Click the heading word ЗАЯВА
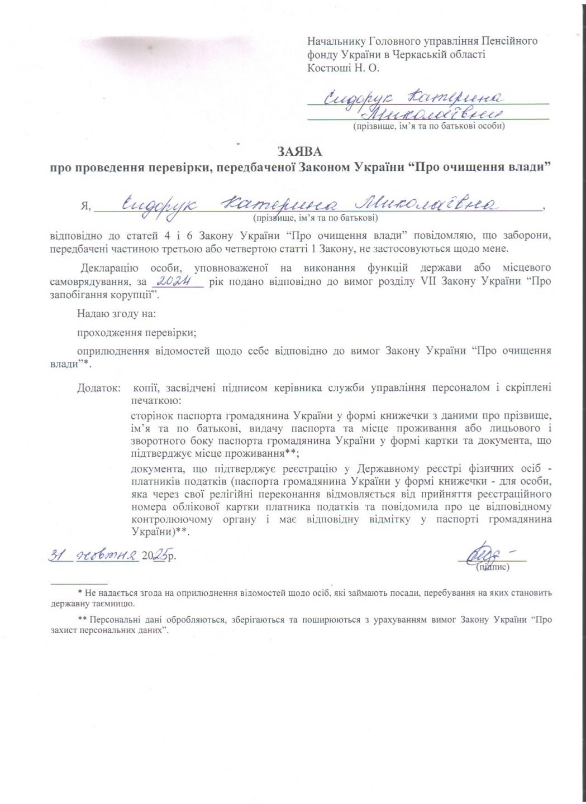click(299, 152)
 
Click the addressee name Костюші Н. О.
click(343, 68)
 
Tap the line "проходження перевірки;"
click(137, 333)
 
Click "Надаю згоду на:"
click(116, 313)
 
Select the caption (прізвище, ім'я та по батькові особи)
click(428, 126)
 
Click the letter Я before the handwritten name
click(85, 206)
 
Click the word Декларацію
click(111, 267)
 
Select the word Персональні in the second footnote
click(115, 619)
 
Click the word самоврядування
click(85, 281)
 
